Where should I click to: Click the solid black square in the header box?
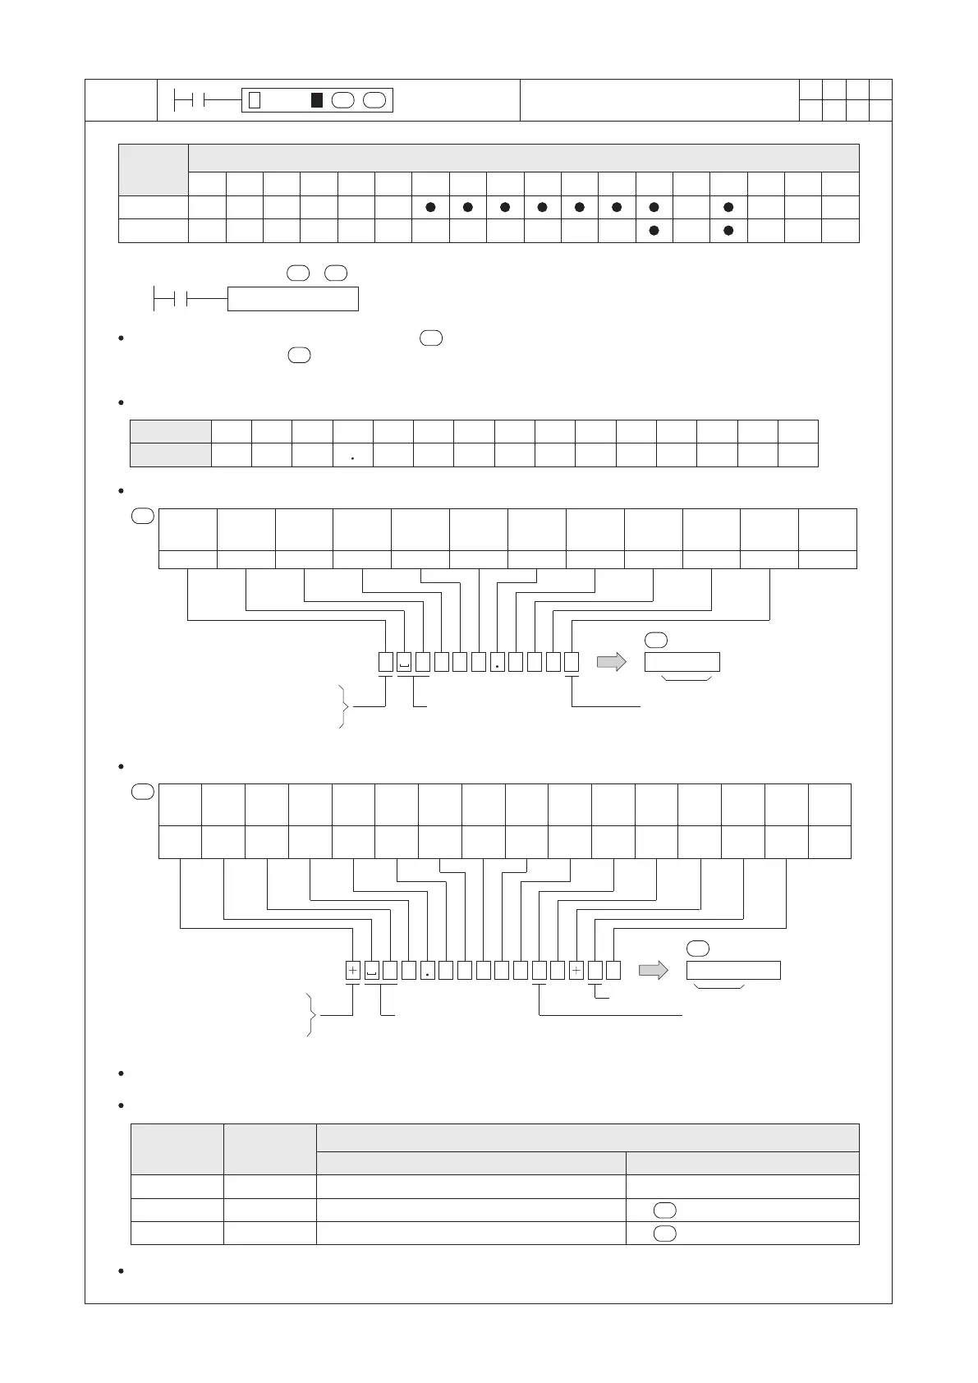[316, 100]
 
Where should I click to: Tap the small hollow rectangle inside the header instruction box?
[255, 100]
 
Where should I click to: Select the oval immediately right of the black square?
[343, 100]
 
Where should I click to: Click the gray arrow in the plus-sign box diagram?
[653, 970]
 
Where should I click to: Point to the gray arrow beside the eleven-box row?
[611, 662]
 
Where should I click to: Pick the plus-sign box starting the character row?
[352, 970]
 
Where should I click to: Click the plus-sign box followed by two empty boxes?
[576, 970]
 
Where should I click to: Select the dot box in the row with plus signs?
[427, 970]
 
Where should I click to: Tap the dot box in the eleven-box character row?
[497, 662]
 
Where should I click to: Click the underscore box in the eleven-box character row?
[404, 662]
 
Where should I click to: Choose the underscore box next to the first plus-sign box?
[371, 970]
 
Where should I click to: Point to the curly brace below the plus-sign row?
[310, 1015]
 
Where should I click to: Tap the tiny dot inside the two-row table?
[352, 458]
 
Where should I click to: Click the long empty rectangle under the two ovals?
[292, 299]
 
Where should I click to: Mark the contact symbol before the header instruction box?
[184, 100]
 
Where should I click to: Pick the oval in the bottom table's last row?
[665, 1233]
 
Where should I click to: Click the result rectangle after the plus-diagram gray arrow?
[733, 970]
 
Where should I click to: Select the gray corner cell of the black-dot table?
[154, 170]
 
